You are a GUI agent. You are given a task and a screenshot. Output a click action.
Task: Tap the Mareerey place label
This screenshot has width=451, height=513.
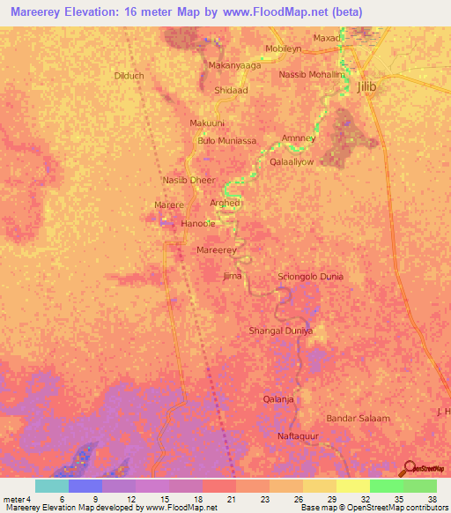217,251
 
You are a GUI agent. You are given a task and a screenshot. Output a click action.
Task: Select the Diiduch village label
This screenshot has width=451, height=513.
129,76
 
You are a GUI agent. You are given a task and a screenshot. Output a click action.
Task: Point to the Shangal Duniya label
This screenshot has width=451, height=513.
281,331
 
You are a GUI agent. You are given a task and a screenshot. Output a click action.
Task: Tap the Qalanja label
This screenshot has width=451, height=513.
278,398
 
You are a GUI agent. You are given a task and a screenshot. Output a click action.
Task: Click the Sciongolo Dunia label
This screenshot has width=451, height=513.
310,277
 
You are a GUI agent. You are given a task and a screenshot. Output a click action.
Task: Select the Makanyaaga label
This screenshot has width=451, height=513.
234,65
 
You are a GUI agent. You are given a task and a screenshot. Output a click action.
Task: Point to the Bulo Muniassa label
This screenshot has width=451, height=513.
227,141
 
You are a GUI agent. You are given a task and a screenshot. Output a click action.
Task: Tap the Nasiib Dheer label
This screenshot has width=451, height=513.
189,180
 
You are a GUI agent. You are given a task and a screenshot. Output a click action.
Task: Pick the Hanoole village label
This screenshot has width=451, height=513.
197,224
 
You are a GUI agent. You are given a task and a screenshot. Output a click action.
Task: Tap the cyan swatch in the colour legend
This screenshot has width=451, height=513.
52,486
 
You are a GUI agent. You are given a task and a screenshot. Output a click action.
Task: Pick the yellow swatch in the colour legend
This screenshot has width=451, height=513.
353,486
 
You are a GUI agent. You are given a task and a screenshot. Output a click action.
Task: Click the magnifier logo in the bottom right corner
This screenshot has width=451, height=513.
409,469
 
